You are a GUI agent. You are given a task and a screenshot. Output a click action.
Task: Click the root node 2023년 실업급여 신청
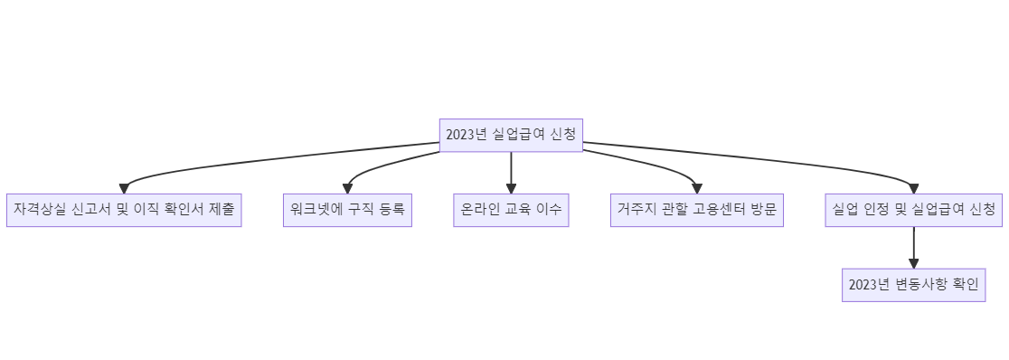(511, 135)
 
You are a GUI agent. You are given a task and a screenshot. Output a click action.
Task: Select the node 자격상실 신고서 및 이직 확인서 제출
(124, 210)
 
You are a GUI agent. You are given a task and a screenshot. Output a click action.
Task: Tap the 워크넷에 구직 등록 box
(347, 210)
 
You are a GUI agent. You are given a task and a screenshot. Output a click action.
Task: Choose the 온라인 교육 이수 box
(511, 210)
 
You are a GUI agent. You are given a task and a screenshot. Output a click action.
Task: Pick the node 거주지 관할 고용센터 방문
(696, 210)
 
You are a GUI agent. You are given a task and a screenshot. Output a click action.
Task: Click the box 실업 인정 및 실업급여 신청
(913, 210)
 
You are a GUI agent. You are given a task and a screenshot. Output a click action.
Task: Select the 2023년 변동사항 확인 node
(913, 285)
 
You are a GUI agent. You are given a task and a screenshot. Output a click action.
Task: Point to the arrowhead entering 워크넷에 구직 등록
(347, 188)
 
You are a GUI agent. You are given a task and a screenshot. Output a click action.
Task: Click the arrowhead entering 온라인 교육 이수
(511, 188)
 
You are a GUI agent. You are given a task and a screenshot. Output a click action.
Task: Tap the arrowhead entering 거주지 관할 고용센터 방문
(696, 188)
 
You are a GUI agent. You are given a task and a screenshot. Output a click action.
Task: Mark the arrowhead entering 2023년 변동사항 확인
(913, 262)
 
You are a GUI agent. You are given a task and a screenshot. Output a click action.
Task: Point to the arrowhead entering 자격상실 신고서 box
(124, 188)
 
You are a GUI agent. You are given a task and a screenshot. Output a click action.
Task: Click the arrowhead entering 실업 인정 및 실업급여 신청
(913, 188)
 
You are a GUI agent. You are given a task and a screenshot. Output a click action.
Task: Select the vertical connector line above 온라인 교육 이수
(511, 167)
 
